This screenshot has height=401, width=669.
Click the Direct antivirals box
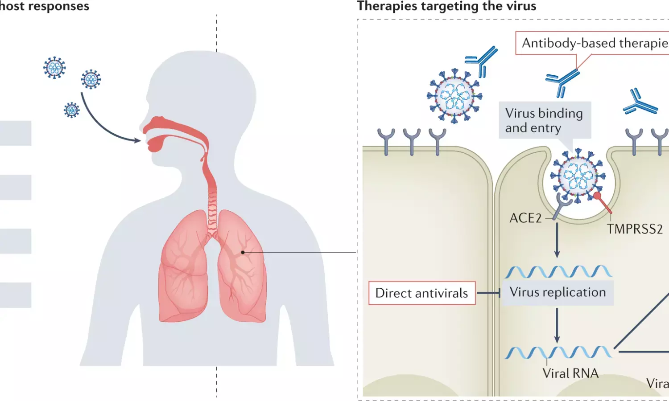click(x=421, y=293)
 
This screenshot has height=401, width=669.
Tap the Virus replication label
click(x=557, y=292)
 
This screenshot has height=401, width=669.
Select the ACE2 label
click(x=525, y=218)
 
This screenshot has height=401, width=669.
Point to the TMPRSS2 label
click(x=635, y=229)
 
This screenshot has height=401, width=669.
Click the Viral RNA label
click(x=570, y=373)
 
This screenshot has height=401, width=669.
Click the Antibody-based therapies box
click(x=593, y=43)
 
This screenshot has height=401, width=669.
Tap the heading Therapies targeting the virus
click(x=446, y=6)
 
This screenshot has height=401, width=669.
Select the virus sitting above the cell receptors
click(x=454, y=95)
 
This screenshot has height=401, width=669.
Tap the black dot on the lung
click(x=243, y=252)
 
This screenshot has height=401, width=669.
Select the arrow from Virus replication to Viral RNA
click(x=557, y=325)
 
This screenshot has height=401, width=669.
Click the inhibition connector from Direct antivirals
click(x=488, y=293)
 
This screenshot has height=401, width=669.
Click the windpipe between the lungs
click(x=212, y=209)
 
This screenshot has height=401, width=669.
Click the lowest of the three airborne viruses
click(x=71, y=110)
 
